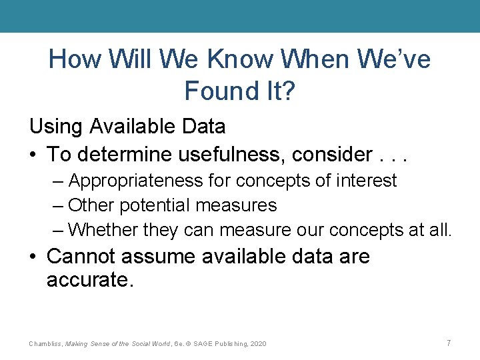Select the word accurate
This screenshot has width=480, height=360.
90,280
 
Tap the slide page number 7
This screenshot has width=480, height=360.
449,343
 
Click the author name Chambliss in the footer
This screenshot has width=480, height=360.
45,343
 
